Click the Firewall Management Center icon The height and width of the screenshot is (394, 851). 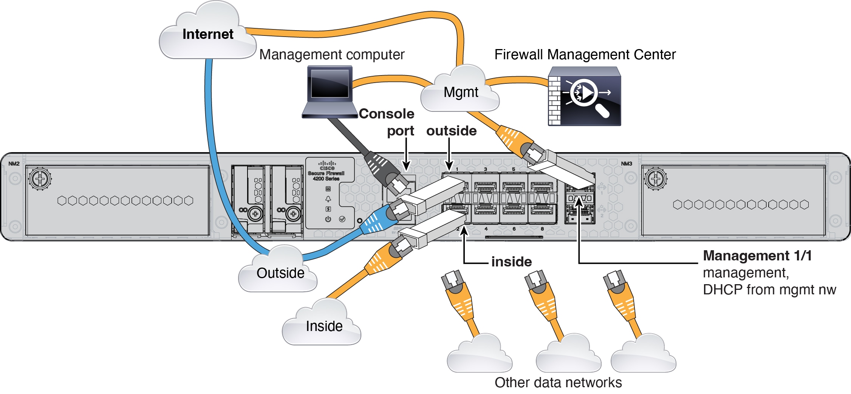pos(584,96)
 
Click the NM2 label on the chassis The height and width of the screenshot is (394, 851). pos(14,163)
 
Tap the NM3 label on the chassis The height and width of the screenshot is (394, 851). pos(626,163)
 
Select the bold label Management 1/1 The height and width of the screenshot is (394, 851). pos(757,255)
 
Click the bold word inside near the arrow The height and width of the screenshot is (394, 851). pos(511,262)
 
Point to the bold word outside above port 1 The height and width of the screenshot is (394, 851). pos(451,131)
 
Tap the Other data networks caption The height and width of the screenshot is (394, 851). pos(558,382)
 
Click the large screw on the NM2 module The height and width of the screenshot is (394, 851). pos(40,178)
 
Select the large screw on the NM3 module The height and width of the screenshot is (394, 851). pos(655,178)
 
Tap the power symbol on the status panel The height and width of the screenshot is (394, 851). pos(328,219)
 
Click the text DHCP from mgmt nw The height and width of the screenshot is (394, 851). pos(769,289)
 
